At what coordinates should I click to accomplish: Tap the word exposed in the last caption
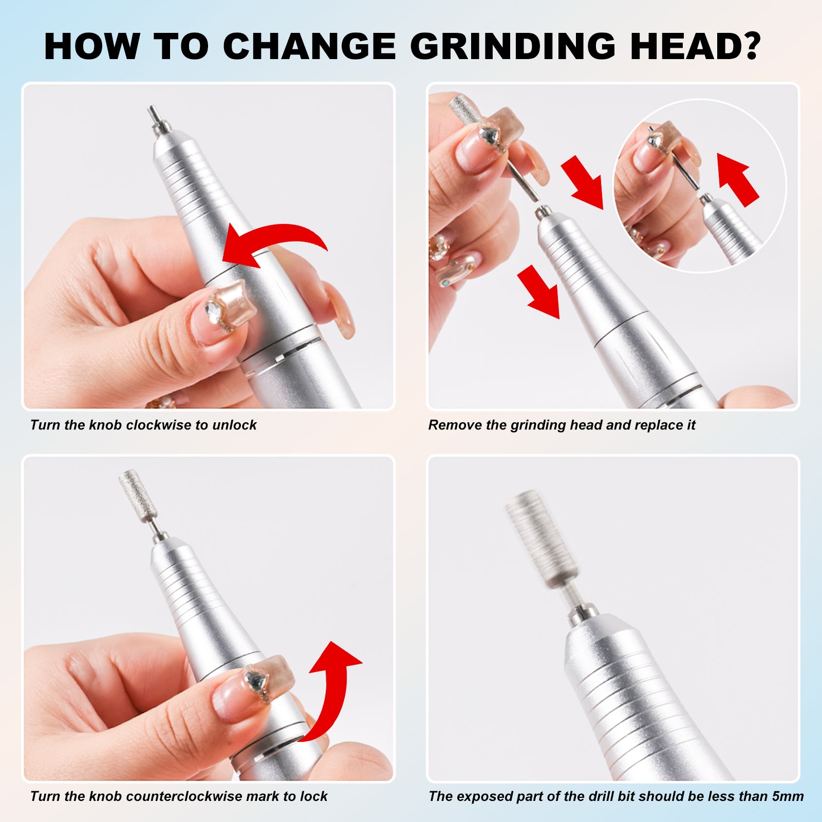[483, 796]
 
